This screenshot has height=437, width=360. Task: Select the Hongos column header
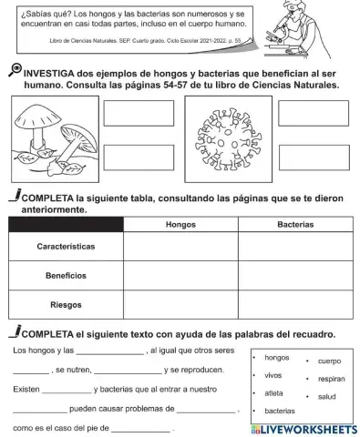pyautogui.click(x=180, y=224)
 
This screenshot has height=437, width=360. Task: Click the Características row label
pyautogui.click(x=66, y=247)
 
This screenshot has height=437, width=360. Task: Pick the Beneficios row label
pyautogui.click(x=66, y=275)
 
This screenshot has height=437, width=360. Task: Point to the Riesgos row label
pyautogui.click(x=66, y=304)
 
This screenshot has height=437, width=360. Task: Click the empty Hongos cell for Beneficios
pyautogui.click(x=180, y=275)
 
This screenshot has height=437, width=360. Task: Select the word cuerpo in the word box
pyautogui.click(x=329, y=361)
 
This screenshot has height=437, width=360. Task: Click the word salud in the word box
pyautogui.click(x=327, y=397)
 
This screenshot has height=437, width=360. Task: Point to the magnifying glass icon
pyautogui.click(x=14, y=70)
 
